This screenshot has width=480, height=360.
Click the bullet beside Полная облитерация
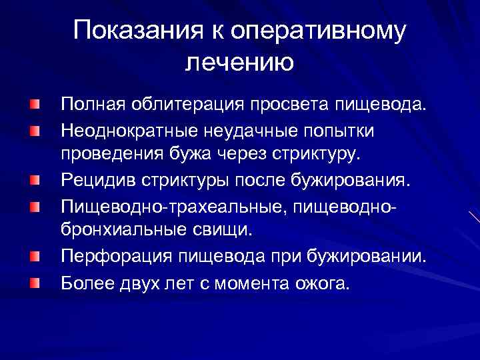[34, 105]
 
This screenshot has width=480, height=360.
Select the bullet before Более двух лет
[34, 283]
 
